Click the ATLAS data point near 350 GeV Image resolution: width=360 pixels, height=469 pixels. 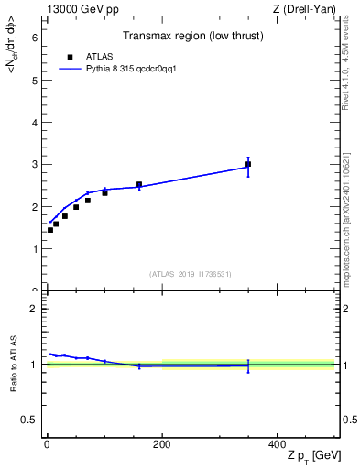point(248,165)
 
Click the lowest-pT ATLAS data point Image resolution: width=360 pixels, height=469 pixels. point(50,230)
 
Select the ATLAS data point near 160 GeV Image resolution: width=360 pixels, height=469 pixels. point(139,184)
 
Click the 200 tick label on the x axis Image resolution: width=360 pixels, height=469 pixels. point(161,444)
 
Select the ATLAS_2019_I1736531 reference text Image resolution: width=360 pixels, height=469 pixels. point(191,274)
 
